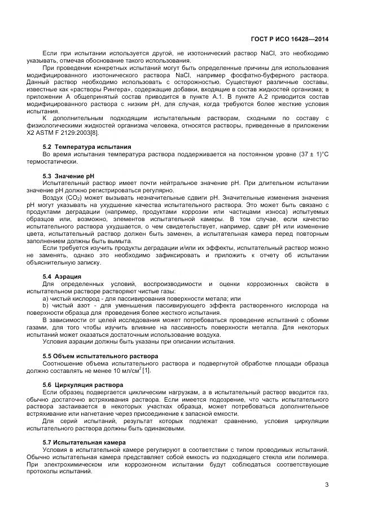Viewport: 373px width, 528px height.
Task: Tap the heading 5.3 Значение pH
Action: [63, 176]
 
